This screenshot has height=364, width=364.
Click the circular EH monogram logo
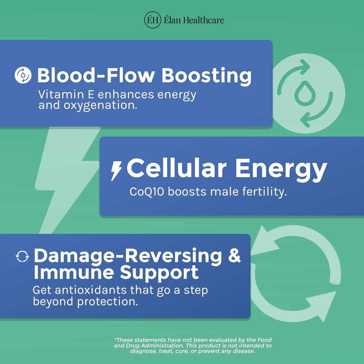[x=152, y=20]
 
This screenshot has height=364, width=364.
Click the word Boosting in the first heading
[x=207, y=76]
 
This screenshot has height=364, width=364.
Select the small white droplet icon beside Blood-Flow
[x=23, y=75]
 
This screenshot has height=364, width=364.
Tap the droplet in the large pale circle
[x=305, y=93]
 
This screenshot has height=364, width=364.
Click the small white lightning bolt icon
[x=116, y=171]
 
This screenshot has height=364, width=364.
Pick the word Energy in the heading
[x=281, y=171]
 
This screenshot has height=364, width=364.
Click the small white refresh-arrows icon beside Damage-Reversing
[x=22, y=256]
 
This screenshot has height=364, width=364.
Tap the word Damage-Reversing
[x=128, y=256]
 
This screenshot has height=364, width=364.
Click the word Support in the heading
[x=159, y=273]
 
